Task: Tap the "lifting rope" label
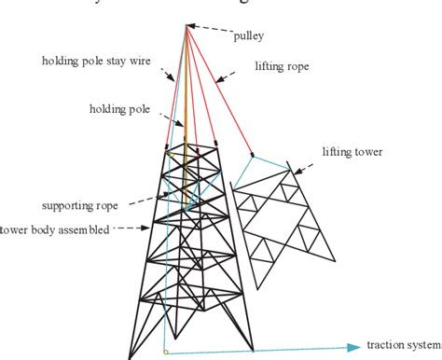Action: (281, 66)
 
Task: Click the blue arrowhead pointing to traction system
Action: (352, 348)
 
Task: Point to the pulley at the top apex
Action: (186, 26)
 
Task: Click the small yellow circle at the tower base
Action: (165, 353)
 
